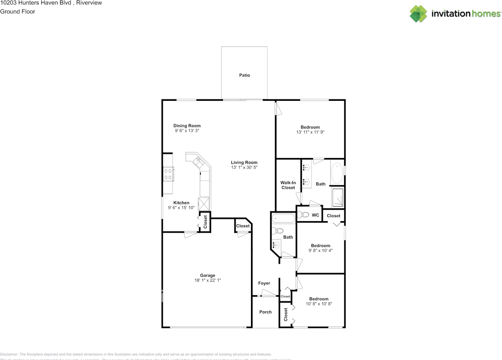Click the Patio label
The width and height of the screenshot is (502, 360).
[x=244, y=75]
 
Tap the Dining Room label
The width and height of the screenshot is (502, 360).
[x=187, y=126]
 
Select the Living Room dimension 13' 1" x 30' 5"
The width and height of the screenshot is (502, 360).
[x=244, y=167]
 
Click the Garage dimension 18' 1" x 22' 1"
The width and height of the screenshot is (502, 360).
[x=207, y=280]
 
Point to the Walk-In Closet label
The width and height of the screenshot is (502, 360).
[x=288, y=185]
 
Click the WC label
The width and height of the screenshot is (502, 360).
[x=315, y=215]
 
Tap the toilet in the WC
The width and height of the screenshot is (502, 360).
[x=303, y=215]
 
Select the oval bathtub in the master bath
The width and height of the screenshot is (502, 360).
[x=336, y=174]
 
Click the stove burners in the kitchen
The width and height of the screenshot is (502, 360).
[x=169, y=174]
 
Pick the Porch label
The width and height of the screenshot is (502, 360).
[x=266, y=312]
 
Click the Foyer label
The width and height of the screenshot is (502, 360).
[x=264, y=283]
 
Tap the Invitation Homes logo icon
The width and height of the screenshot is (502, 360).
[x=418, y=14]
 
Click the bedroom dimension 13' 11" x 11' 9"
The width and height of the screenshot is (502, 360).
[x=310, y=133]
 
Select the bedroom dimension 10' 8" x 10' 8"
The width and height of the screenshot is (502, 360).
[x=319, y=304]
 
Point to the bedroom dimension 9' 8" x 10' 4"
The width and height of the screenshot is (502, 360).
[x=320, y=250]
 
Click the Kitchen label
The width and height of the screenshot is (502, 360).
[x=181, y=203]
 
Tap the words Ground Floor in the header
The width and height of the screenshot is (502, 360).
[x=18, y=11]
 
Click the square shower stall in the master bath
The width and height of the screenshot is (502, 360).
[x=338, y=197]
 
